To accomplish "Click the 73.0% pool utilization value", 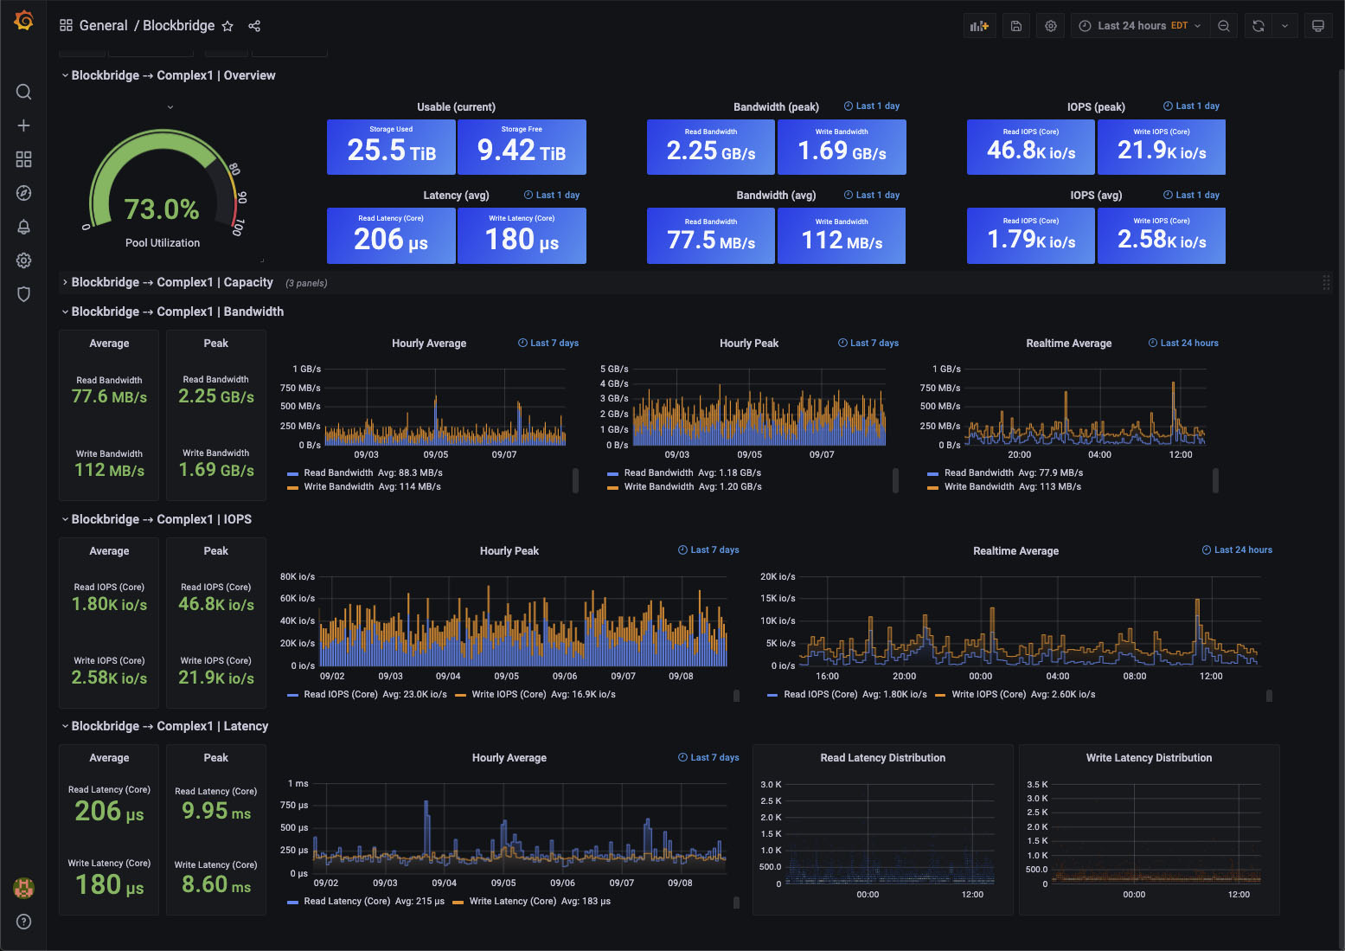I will point(162,209).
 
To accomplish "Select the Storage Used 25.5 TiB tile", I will point(391,148).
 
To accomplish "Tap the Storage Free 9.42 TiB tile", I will point(522,148).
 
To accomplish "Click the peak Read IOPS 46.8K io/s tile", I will point(1031,148).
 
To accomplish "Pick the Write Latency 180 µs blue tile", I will point(522,236).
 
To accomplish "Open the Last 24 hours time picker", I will point(1140,26).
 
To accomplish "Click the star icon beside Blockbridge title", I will point(227,26).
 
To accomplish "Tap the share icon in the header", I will point(254,26).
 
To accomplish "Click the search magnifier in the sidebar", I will point(23,92).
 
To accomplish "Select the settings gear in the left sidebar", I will point(23,260).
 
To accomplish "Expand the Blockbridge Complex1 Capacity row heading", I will point(172,282).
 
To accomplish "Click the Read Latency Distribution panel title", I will point(882,758).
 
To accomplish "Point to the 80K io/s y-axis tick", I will point(298,576).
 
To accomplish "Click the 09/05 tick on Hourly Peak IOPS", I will point(506,676).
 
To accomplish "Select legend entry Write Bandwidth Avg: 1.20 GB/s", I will point(692,487).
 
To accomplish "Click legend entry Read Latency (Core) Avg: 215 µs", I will point(374,902).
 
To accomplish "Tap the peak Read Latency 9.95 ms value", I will point(216,812).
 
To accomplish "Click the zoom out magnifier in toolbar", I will point(1224,26).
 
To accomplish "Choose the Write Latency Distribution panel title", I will point(1149,758).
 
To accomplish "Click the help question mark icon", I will point(23,922).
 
